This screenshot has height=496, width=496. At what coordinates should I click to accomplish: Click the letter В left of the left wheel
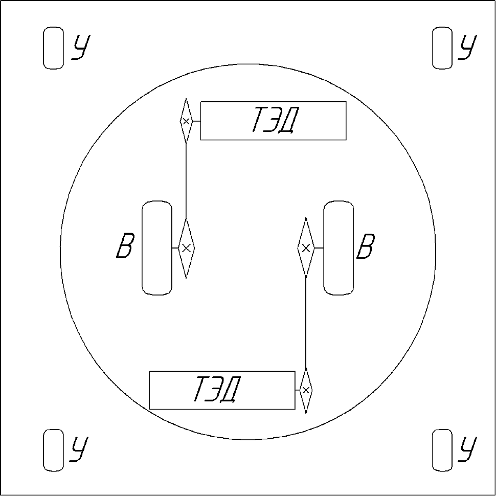coord(125,246)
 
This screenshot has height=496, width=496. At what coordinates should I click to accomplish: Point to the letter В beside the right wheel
coord(366,246)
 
